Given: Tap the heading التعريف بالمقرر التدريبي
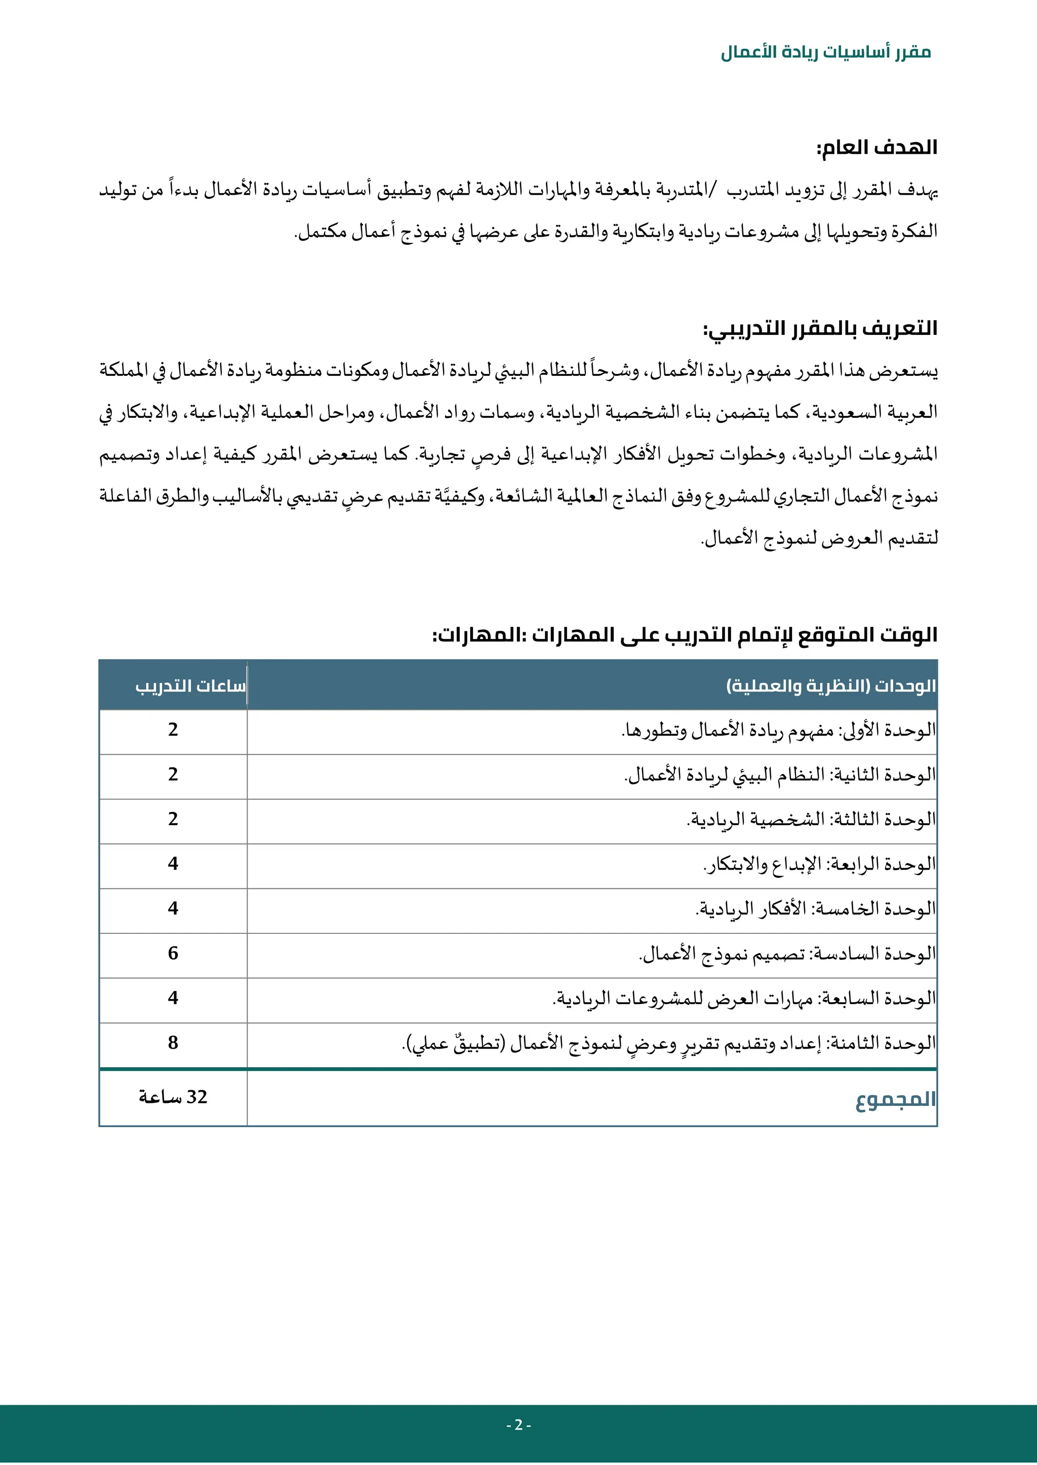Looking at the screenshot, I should [820, 329].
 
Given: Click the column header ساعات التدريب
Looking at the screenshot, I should [190, 686].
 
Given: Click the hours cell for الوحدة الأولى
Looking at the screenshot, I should [173, 730].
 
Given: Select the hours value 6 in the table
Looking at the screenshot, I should [173, 953].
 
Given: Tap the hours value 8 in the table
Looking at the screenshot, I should [173, 1043].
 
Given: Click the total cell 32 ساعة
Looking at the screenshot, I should [173, 1097].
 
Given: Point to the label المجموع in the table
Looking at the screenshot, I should [895, 1099].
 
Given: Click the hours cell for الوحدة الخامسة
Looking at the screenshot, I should [173, 909].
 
